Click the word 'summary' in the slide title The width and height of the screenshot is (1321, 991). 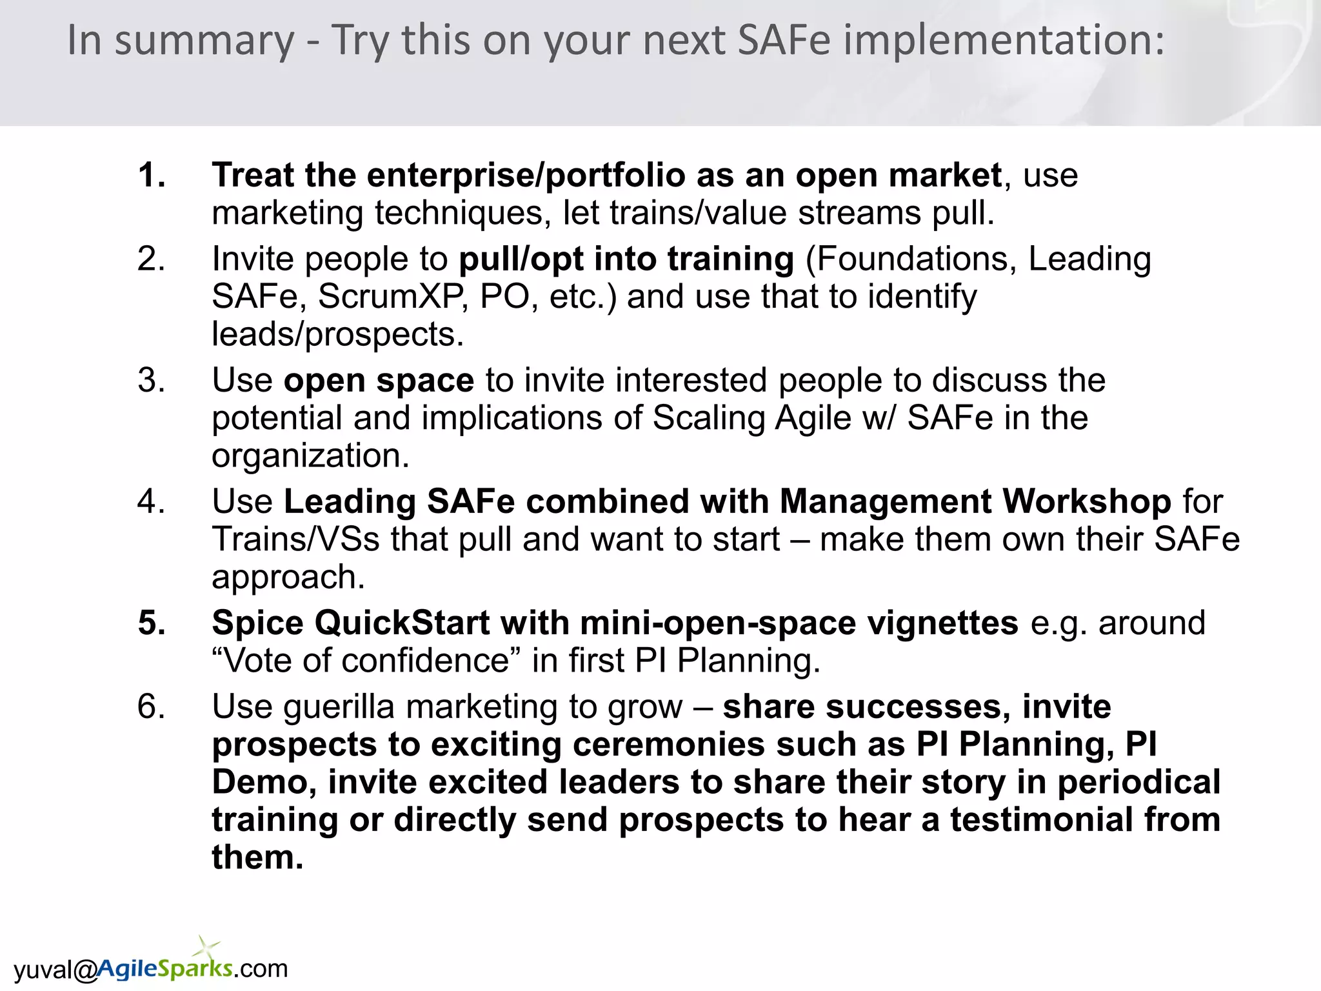coord(204,41)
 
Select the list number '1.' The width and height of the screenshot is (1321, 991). coord(152,175)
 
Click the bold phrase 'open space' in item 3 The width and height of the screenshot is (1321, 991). coord(379,380)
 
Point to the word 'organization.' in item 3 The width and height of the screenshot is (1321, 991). coord(310,456)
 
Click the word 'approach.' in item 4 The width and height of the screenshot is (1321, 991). coord(288,577)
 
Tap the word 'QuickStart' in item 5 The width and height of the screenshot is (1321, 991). coord(402,623)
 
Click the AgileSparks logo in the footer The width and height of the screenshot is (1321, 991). coord(165,968)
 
